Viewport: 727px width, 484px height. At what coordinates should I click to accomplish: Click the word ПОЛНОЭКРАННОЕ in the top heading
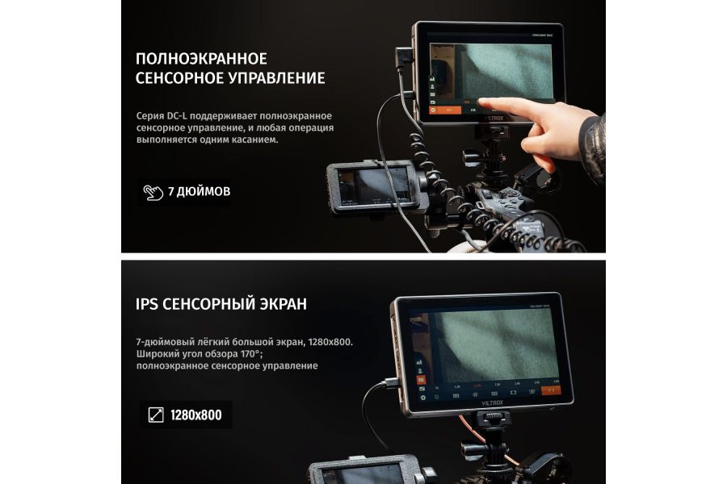click(201, 59)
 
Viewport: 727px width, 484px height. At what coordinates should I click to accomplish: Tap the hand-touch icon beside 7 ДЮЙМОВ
click(153, 192)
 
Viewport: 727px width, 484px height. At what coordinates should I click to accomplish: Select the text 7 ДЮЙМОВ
click(199, 192)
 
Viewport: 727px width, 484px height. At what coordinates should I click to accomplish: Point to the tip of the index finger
click(483, 102)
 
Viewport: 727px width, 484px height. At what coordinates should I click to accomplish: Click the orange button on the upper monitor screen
click(444, 110)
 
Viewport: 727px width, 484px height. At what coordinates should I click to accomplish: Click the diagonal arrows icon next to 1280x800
click(155, 415)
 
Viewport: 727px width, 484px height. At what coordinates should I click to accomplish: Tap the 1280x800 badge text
click(195, 415)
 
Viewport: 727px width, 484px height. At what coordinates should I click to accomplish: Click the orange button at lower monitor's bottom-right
click(553, 390)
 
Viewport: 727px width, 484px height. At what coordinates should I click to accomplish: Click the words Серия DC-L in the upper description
click(162, 116)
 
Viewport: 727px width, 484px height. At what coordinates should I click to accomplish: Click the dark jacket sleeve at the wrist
click(593, 145)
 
